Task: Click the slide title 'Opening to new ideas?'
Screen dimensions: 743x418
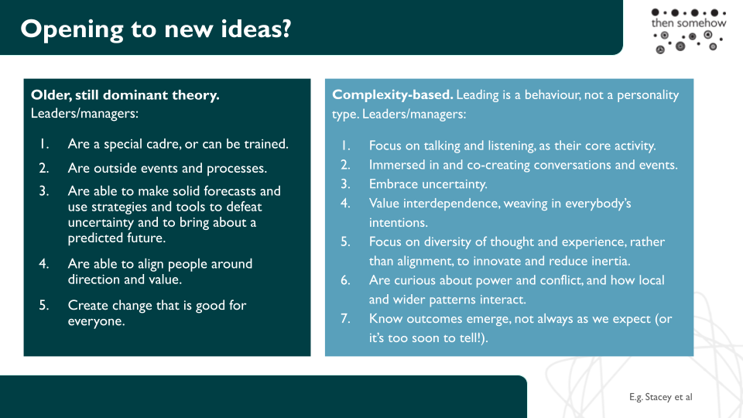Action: click(x=156, y=29)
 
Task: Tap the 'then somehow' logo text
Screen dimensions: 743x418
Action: click(x=689, y=22)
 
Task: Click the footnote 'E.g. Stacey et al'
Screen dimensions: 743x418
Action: click(x=660, y=397)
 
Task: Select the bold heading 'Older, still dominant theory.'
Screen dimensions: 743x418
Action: click(x=125, y=95)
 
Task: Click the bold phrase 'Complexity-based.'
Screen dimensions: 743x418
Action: click(x=393, y=94)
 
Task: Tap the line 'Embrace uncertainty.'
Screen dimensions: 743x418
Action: click(x=428, y=184)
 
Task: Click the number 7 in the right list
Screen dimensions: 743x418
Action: click(x=345, y=318)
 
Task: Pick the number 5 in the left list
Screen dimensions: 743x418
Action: click(x=43, y=305)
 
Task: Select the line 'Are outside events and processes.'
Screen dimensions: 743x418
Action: click(x=167, y=168)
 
